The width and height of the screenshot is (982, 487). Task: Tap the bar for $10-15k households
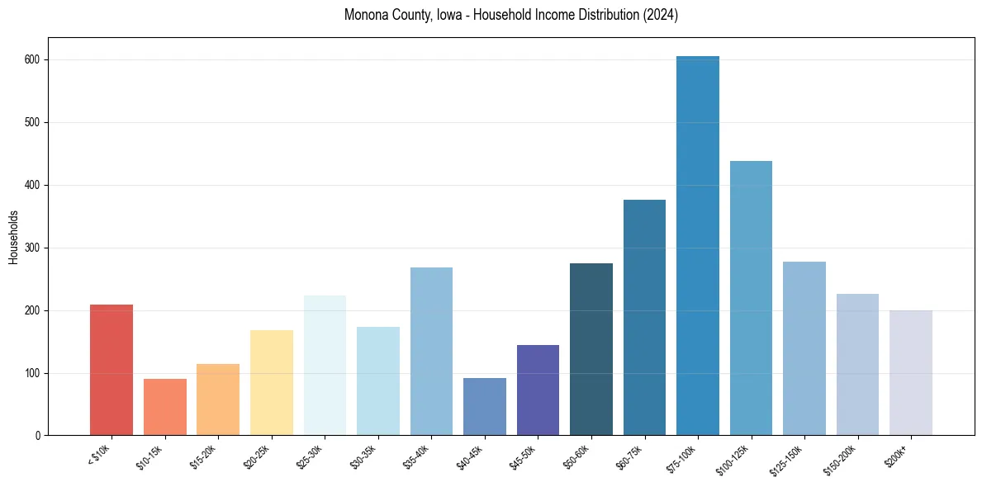164,407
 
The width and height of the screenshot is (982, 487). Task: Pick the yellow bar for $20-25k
271,383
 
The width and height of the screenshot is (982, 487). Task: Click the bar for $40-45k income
484,407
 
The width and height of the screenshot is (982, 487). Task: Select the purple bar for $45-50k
538,390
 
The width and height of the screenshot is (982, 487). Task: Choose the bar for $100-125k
751,298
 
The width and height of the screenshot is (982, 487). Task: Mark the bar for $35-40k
431,352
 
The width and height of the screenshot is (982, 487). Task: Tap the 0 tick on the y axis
40,436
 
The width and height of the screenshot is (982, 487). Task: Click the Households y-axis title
13,237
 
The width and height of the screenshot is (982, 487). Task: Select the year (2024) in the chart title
661,16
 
